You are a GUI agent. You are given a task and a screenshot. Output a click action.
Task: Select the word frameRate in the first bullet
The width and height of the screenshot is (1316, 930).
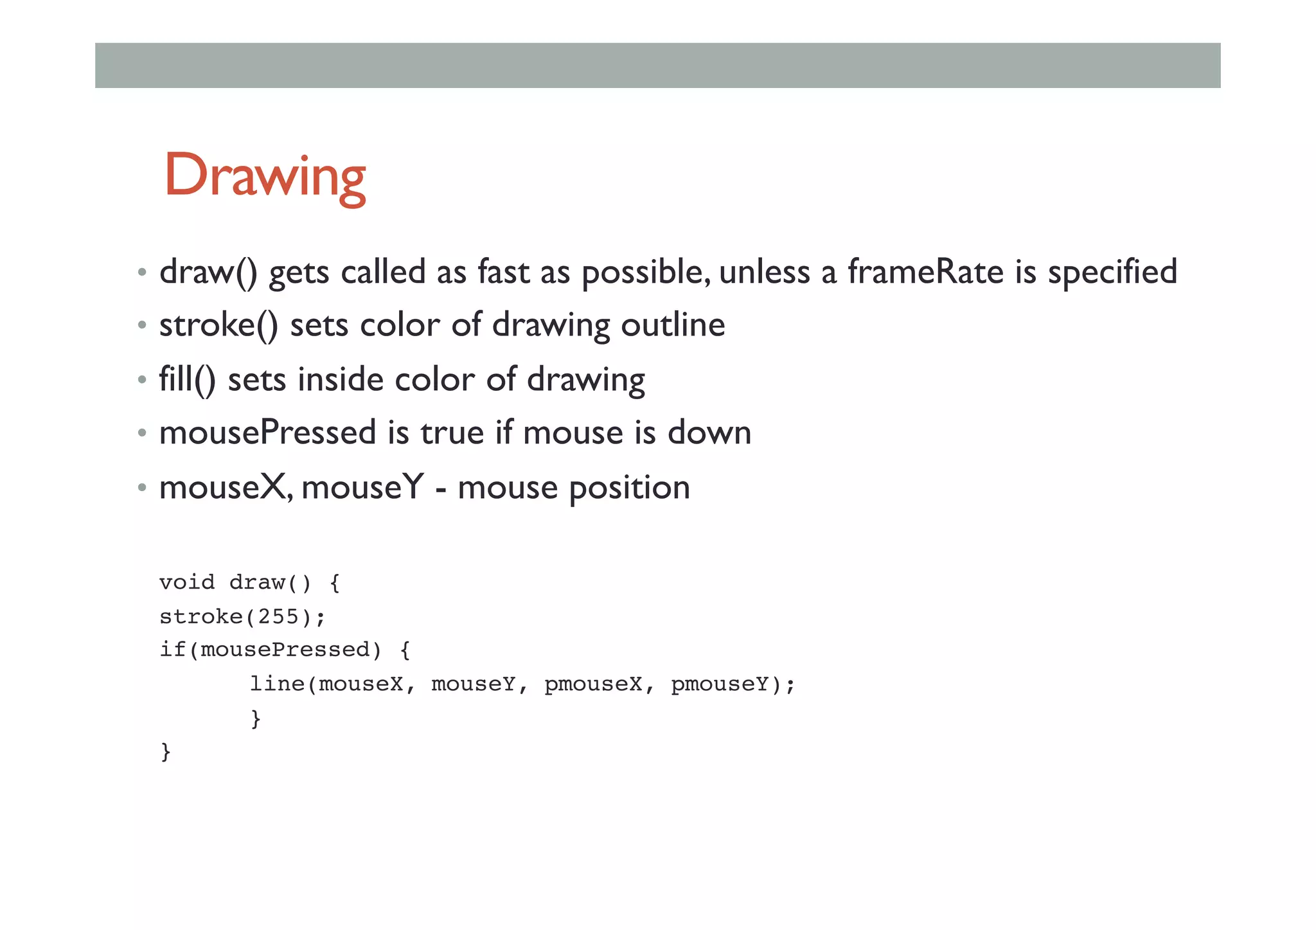tap(925, 272)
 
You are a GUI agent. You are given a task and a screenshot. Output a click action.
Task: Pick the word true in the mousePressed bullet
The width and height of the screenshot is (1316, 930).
tap(452, 433)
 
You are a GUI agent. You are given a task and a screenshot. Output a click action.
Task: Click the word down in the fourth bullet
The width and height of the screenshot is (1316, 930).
tap(709, 433)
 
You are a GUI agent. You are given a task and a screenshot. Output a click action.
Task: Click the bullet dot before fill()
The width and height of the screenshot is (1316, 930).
tap(142, 380)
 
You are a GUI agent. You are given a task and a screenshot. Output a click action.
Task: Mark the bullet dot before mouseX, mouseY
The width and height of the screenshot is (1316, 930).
tap(142, 487)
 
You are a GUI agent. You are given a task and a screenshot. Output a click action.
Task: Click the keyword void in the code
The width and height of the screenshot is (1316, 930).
tap(187, 582)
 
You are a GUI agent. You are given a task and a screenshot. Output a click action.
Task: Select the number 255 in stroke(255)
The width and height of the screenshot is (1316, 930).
tap(278, 617)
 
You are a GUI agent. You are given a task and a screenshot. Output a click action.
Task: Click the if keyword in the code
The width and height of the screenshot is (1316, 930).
tap(173, 650)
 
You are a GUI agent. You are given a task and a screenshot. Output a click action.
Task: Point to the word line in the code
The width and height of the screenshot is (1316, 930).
tap(277, 684)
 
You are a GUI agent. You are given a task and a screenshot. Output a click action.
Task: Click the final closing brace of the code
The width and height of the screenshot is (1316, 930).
tap(166, 751)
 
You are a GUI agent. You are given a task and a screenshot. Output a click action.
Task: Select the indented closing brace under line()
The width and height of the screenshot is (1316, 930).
tap(256, 718)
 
